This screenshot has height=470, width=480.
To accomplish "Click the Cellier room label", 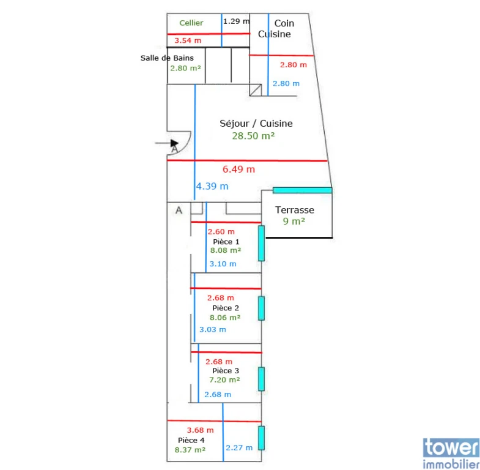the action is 191,23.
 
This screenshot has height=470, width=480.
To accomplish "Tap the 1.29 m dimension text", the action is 236,21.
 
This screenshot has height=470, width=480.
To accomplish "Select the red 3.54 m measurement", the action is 188,40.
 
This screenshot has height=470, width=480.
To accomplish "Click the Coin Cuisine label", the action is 275,29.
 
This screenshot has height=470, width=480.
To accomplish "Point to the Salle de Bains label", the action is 167,58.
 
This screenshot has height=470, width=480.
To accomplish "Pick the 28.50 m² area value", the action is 253,136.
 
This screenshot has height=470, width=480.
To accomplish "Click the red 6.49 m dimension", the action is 238,169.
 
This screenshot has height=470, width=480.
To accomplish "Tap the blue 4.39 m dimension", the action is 212,186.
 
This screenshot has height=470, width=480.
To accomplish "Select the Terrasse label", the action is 295,210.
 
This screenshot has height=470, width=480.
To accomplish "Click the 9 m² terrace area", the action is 294,221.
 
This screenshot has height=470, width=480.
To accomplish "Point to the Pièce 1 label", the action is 226,242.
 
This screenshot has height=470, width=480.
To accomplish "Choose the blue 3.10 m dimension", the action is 223,264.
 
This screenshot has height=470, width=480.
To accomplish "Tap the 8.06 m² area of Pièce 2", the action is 225,318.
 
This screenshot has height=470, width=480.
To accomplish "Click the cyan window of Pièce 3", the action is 262,379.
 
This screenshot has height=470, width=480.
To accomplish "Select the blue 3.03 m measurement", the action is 213,329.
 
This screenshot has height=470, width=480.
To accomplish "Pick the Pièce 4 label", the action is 191,440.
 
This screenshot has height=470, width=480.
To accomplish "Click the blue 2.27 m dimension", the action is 239,447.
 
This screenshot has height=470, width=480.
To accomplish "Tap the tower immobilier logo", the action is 451,453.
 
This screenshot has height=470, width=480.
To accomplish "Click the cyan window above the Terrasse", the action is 303,190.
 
